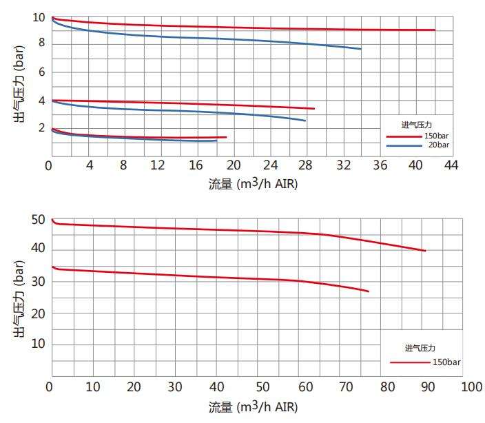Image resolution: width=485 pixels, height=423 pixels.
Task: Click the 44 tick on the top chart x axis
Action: click(451, 165)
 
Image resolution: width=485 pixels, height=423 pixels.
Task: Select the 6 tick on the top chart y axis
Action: click(41, 72)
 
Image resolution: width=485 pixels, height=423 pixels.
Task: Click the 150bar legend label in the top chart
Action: click(437, 136)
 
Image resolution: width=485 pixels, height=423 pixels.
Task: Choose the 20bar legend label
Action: click(438, 145)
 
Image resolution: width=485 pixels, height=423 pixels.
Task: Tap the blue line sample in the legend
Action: click(402, 146)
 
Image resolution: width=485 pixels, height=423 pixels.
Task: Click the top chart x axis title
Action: click(254, 185)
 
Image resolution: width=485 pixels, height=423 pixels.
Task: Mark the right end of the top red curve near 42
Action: click(435, 30)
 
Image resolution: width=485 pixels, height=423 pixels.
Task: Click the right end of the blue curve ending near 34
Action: click(360, 49)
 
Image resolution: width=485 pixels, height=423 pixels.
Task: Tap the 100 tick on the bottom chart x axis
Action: click(471, 388)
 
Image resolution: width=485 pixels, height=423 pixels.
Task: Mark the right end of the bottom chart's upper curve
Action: click(425, 251)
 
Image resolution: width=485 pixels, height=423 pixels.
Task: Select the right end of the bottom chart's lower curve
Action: click(369, 291)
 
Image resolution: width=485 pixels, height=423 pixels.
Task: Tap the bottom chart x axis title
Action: click(254, 408)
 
